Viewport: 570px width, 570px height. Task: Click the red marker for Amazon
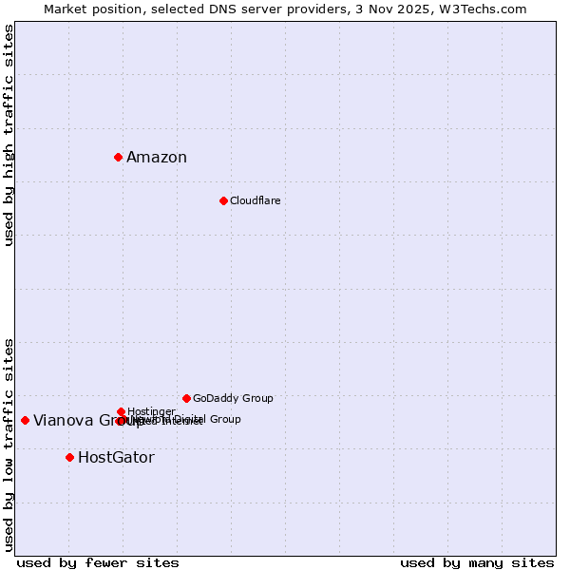click(118, 157)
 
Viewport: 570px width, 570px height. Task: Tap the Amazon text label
click(157, 158)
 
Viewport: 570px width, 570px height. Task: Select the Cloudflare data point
click(223, 200)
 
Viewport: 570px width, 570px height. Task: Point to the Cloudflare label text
click(255, 201)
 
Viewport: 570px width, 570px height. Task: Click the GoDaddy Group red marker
click(186, 398)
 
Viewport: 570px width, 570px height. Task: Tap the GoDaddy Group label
click(233, 399)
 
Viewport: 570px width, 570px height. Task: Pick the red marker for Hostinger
click(121, 411)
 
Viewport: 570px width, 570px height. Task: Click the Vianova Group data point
click(25, 420)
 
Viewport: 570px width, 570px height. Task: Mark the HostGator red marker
click(69, 457)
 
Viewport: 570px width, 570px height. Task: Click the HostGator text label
click(116, 458)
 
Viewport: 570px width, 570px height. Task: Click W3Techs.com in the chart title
click(486, 9)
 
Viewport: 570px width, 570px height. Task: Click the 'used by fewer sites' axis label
click(98, 562)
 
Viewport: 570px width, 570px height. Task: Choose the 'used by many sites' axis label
click(477, 562)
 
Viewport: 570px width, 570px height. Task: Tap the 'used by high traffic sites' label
click(9, 135)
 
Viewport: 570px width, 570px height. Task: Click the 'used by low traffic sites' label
click(9, 444)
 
